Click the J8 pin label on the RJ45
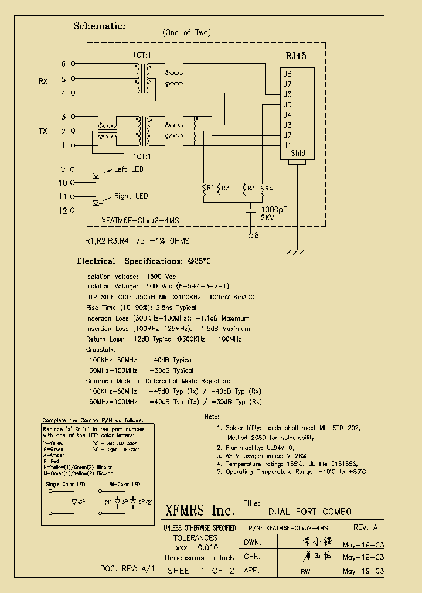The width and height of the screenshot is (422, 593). (287, 74)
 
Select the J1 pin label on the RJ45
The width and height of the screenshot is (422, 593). (287, 145)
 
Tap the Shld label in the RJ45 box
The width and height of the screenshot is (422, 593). (298, 154)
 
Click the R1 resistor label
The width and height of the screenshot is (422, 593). (210, 188)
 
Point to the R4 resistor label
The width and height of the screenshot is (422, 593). (268, 188)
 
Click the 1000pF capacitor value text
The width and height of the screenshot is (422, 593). (274, 209)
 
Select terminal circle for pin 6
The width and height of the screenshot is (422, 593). (73, 63)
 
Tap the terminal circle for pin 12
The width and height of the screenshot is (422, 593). (73, 209)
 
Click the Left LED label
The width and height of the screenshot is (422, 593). (128, 169)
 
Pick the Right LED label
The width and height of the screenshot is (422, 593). (131, 196)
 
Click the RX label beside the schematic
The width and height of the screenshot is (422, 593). (43, 81)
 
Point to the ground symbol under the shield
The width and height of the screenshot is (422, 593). (298, 252)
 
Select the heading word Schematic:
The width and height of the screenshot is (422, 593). (100, 26)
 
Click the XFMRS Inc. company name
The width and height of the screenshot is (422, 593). (200, 510)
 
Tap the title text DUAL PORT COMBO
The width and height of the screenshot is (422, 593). (310, 512)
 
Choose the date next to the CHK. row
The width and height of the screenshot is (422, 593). (363, 557)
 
